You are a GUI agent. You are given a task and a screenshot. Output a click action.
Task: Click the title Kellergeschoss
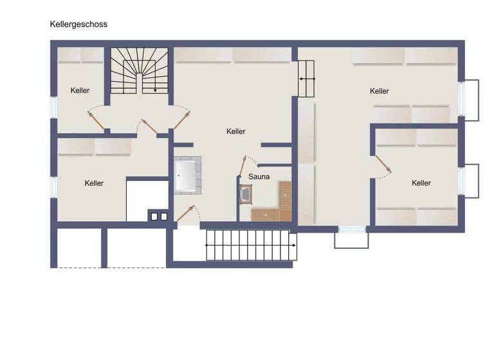[x=78, y=24]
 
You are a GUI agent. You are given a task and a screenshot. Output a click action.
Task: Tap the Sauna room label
[x=259, y=176]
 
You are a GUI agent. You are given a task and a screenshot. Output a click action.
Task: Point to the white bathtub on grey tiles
[x=186, y=175]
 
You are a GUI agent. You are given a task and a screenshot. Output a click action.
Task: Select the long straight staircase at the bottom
[x=250, y=246]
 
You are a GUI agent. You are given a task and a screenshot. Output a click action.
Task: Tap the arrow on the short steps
[x=307, y=78]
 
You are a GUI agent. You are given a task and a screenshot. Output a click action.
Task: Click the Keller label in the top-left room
[x=80, y=91]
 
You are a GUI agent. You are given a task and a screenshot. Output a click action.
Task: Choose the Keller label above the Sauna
[x=236, y=131]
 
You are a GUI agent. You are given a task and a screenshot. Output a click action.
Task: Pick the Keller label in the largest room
[x=380, y=91]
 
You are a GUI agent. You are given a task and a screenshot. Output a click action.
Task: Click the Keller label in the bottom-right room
[x=421, y=183]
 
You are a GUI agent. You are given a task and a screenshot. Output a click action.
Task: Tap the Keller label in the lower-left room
[x=94, y=183]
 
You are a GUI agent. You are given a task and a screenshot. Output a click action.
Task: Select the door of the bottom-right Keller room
[x=383, y=165]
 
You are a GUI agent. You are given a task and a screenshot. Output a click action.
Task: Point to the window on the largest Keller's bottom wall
[x=351, y=229]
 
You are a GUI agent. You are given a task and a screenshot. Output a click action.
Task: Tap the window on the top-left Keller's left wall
[x=54, y=107]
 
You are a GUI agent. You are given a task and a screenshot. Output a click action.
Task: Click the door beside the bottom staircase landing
[x=186, y=213]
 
